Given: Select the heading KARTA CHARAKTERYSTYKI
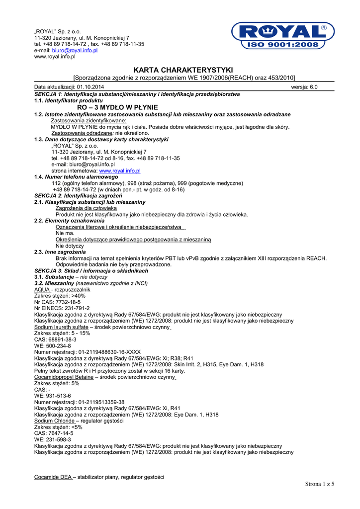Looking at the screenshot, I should point(183,70).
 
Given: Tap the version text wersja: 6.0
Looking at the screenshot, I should point(304,87).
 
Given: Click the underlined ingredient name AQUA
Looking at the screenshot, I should point(42,289).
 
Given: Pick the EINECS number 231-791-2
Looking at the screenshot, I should point(72,308).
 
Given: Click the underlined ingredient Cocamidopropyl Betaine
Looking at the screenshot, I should point(64,377).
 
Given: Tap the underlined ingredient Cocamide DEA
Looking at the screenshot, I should point(53,477).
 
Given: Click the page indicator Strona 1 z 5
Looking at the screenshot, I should point(319,484).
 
